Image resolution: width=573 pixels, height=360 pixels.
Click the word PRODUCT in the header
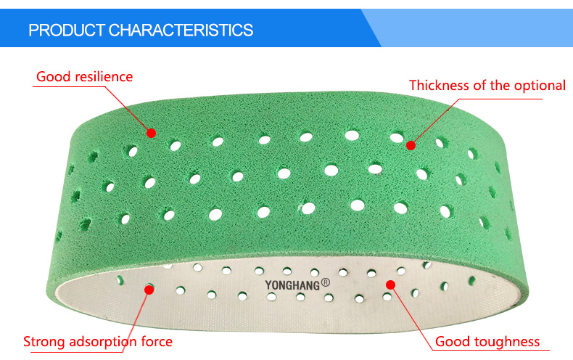pos(67,30)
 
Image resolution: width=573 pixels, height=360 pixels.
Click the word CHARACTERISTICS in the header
pos(181,30)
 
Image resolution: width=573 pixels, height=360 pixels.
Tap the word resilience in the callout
pos(104,77)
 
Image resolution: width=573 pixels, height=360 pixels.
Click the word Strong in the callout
pos(44,342)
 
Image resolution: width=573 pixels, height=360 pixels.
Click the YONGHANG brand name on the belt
pos(292,285)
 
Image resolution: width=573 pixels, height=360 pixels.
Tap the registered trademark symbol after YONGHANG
pos(326,282)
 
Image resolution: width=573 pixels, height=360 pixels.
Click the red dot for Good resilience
pos(152,133)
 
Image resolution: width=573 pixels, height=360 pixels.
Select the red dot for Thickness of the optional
pos(411,146)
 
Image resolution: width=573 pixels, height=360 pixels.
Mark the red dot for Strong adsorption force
pos(149,290)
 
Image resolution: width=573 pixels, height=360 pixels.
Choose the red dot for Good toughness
pos(391,285)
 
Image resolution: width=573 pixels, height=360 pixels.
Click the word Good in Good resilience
pos(54,77)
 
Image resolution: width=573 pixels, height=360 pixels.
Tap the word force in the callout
pos(157,342)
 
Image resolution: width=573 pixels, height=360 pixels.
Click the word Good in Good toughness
pos(452,342)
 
